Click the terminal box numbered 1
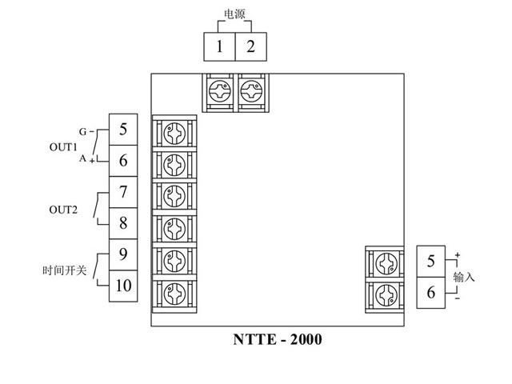218,46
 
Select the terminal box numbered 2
250,46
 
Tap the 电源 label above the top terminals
234,14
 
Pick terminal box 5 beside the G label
122,129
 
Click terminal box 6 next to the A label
122,160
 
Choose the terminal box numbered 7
122,192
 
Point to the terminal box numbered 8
122,222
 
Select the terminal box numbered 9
122,254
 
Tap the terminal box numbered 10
122,285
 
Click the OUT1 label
63,147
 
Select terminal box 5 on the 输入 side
430,262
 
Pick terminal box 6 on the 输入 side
430,293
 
